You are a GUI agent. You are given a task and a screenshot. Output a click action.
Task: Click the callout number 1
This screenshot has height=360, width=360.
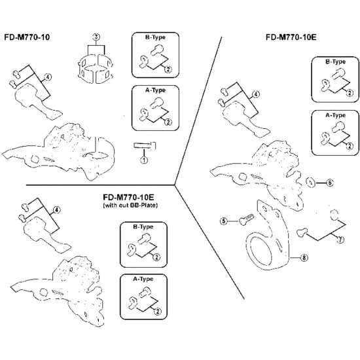[144, 160]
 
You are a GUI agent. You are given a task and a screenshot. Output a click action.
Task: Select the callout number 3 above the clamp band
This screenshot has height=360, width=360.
[96, 37]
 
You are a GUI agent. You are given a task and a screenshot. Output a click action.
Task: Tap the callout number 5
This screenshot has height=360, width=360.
[223, 221]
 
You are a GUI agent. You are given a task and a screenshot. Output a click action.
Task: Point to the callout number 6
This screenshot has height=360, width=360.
[329, 183]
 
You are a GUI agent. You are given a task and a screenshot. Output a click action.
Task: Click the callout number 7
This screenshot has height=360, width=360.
[340, 240]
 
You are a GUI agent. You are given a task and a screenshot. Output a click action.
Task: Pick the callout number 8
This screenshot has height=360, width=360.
[304, 258]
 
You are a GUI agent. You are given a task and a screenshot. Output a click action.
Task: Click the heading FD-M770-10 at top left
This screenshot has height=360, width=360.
[27, 37]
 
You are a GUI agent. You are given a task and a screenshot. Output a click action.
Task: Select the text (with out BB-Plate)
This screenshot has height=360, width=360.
[130, 206]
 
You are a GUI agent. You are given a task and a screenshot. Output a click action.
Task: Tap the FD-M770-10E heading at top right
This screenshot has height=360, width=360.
[291, 37]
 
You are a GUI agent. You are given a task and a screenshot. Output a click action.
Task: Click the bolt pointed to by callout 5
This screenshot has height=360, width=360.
[246, 219]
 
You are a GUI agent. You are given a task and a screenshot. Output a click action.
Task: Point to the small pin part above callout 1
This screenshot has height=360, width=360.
[145, 145]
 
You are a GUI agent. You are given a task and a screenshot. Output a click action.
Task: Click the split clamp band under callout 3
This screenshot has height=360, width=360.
[95, 67]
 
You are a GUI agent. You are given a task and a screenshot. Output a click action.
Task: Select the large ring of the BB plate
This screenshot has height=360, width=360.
[262, 251]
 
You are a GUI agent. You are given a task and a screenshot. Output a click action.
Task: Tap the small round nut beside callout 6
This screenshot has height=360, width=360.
[310, 183]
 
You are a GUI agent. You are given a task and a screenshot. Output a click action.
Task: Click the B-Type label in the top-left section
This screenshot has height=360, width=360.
[155, 37]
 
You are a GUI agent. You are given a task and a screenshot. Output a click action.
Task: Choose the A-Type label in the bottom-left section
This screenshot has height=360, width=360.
[143, 279]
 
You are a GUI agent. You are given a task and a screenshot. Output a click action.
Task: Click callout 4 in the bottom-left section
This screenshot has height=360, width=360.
[57, 209]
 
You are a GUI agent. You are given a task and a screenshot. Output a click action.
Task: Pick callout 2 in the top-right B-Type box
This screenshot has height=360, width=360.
[350, 93]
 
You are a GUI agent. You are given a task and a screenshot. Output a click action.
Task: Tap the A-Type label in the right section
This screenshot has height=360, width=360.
[335, 115]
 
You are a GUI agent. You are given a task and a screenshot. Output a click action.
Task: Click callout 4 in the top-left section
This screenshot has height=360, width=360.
[47, 77]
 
